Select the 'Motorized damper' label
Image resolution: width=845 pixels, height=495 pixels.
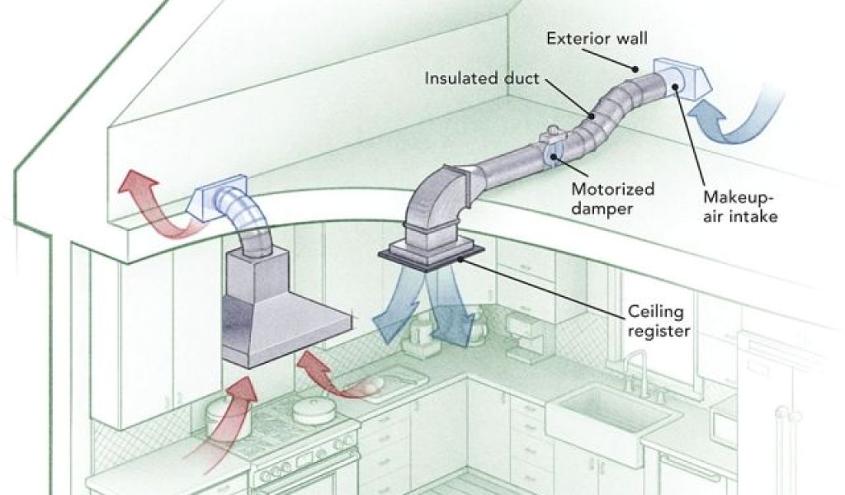pos(612,198)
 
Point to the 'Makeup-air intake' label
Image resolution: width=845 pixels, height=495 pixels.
pos(740,207)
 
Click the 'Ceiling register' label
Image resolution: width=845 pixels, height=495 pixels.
pos(659,322)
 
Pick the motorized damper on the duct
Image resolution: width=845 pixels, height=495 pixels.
pos(551,149)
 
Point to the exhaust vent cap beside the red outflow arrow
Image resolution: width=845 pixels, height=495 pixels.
pos(216,199)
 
